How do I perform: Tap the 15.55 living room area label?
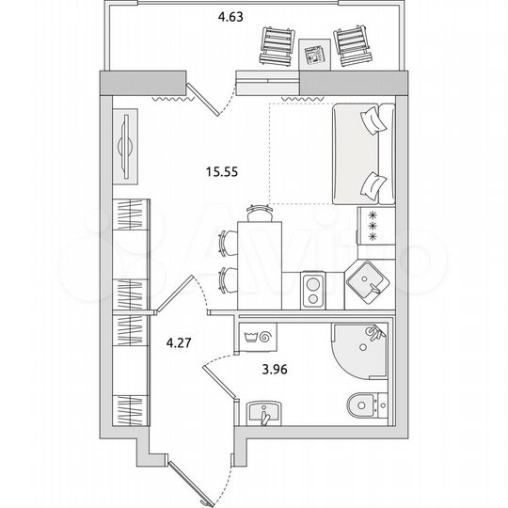pyautogui.click(x=220, y=171)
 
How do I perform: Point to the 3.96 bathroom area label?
pyautogui.click(x=274, y=369)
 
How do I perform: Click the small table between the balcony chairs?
pyautogui.click(x=312, y=52)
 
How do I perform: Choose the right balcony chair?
pyautogui.click(x=349, y=45)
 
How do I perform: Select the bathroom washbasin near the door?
pyautogui.click(x=266, y=413)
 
